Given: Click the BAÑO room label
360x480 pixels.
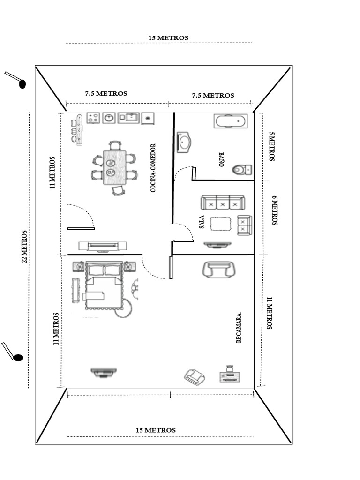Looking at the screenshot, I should point(222,159).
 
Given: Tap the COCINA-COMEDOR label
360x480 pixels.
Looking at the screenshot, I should point(153,168).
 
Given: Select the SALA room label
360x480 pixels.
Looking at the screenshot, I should point(202,222).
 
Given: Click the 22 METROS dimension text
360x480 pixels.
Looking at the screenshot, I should point(24,247).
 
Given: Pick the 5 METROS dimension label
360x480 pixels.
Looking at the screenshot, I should point(271,146).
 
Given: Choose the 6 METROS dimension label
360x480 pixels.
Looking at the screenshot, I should point(274,210).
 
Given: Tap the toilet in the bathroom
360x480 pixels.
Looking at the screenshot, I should point(242,169).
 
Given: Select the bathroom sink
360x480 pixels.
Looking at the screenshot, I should point(184,142).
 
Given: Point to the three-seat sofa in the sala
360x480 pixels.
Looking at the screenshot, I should point(223,203).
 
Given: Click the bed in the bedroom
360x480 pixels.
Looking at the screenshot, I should point(103,286).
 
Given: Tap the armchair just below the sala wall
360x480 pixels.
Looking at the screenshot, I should point(217,270).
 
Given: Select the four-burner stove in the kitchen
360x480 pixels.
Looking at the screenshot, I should point(94,118).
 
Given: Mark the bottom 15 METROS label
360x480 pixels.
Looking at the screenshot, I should point(156,430).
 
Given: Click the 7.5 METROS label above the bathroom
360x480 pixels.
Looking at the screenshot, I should point(213,95).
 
